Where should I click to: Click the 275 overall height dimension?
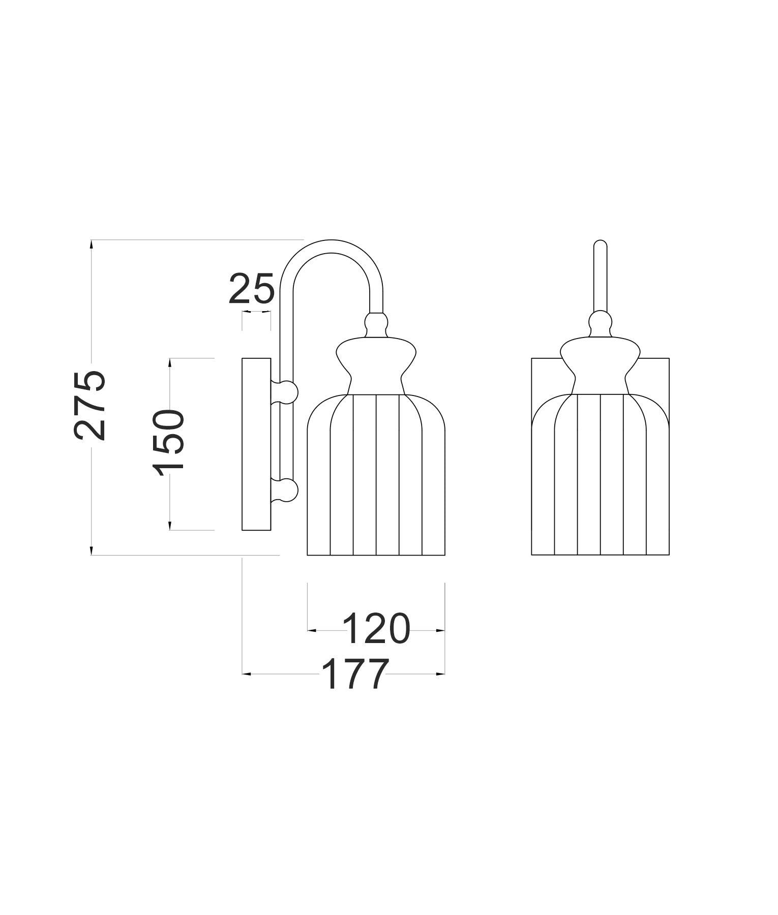(91, 405)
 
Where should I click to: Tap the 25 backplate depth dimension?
(252, 289)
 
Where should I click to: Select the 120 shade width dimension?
(376, 629)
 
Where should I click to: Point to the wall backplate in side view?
(256, 444)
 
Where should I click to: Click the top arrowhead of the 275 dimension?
(92, 243)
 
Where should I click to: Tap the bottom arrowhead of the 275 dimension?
(92, 551)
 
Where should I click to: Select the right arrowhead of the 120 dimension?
(441, 630)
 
